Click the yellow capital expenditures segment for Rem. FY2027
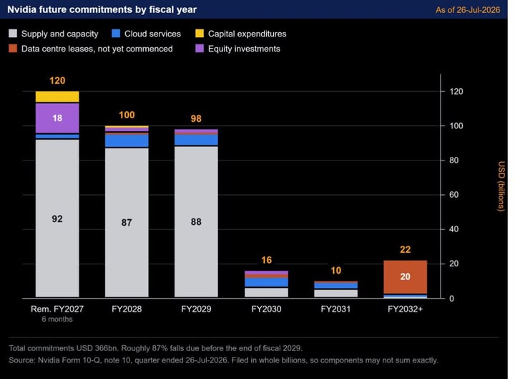(57, 97)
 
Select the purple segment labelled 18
(57, 118)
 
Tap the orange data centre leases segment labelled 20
(406, 277)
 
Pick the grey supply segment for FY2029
(196, 222)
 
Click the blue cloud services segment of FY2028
(127, 141)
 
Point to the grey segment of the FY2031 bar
(335, 294)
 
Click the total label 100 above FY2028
(127, 115)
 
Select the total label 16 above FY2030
(266, 260)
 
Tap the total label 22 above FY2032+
(406, 249)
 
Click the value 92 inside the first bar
(57, 219)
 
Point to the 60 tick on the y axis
(453, 195)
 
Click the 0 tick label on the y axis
(451, 298)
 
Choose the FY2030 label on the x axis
(266, 309)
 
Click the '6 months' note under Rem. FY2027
(57, 319)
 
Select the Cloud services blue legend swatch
(116, 33)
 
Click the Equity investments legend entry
(237, 49)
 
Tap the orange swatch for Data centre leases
(13, 49)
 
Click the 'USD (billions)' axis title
(501, 186)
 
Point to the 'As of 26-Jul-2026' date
(468, 10)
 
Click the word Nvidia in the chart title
(21, 9)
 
